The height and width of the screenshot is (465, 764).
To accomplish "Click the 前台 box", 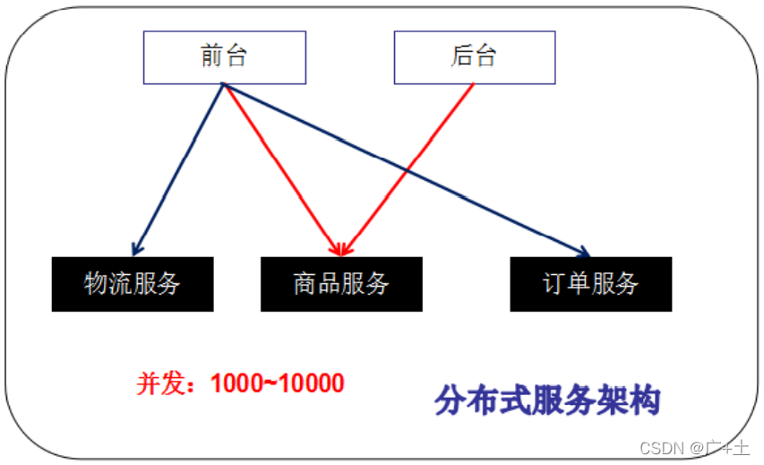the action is tap(225, 57).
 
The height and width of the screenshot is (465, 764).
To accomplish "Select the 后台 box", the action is tap(475, 57).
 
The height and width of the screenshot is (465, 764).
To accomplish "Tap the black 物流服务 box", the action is tap(133, 284).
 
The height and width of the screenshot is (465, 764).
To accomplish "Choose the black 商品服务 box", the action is tap(341, 284).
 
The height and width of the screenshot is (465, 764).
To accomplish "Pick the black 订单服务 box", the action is tap(590, 284).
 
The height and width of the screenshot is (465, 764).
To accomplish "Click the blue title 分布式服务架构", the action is tap(547, 400).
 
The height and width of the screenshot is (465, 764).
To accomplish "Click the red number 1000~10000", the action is tap(278, 383).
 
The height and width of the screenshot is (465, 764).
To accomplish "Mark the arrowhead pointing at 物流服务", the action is tap(136, 247).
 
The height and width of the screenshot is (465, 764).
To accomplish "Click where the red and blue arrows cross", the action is tap(408, 170).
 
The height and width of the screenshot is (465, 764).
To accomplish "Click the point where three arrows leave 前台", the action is tap(223, 86).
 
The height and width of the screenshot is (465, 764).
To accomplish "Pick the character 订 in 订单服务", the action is tap(554, 284).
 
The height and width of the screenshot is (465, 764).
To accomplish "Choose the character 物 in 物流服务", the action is tap(97, 284).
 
